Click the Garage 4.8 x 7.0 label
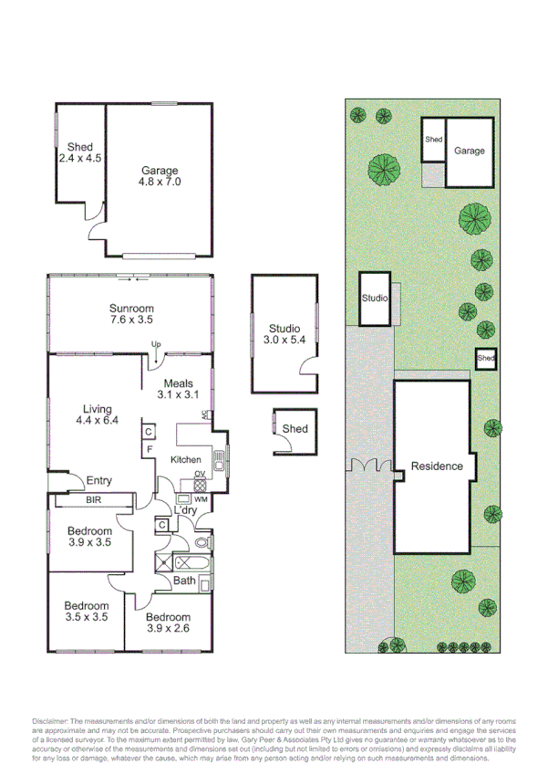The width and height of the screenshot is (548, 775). (x=160, y=176)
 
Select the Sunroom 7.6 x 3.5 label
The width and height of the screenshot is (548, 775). (x=131, y=314)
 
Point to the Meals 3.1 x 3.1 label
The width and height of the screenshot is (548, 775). (x=178, y=390)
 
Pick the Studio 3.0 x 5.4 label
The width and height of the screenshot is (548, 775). (x=284, y=335)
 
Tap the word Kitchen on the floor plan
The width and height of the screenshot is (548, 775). (x=186, y=459)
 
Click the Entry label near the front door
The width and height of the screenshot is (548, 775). (x=98, y=481)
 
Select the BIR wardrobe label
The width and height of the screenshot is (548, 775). (x=94, y=500)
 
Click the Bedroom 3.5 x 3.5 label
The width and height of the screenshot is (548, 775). (x=87, y=612)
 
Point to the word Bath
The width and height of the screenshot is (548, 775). (x=185, y=581)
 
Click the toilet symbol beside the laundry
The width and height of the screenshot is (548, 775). (x=202, y=542)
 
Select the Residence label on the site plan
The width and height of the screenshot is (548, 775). (x=437, y=466)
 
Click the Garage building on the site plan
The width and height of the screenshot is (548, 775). (x=470, y=151)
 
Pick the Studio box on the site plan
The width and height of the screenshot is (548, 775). (x=375, y=298)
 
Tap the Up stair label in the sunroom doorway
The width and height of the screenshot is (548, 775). (x=155, y=344)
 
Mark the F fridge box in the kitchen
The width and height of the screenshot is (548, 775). (x=147, y=449)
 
